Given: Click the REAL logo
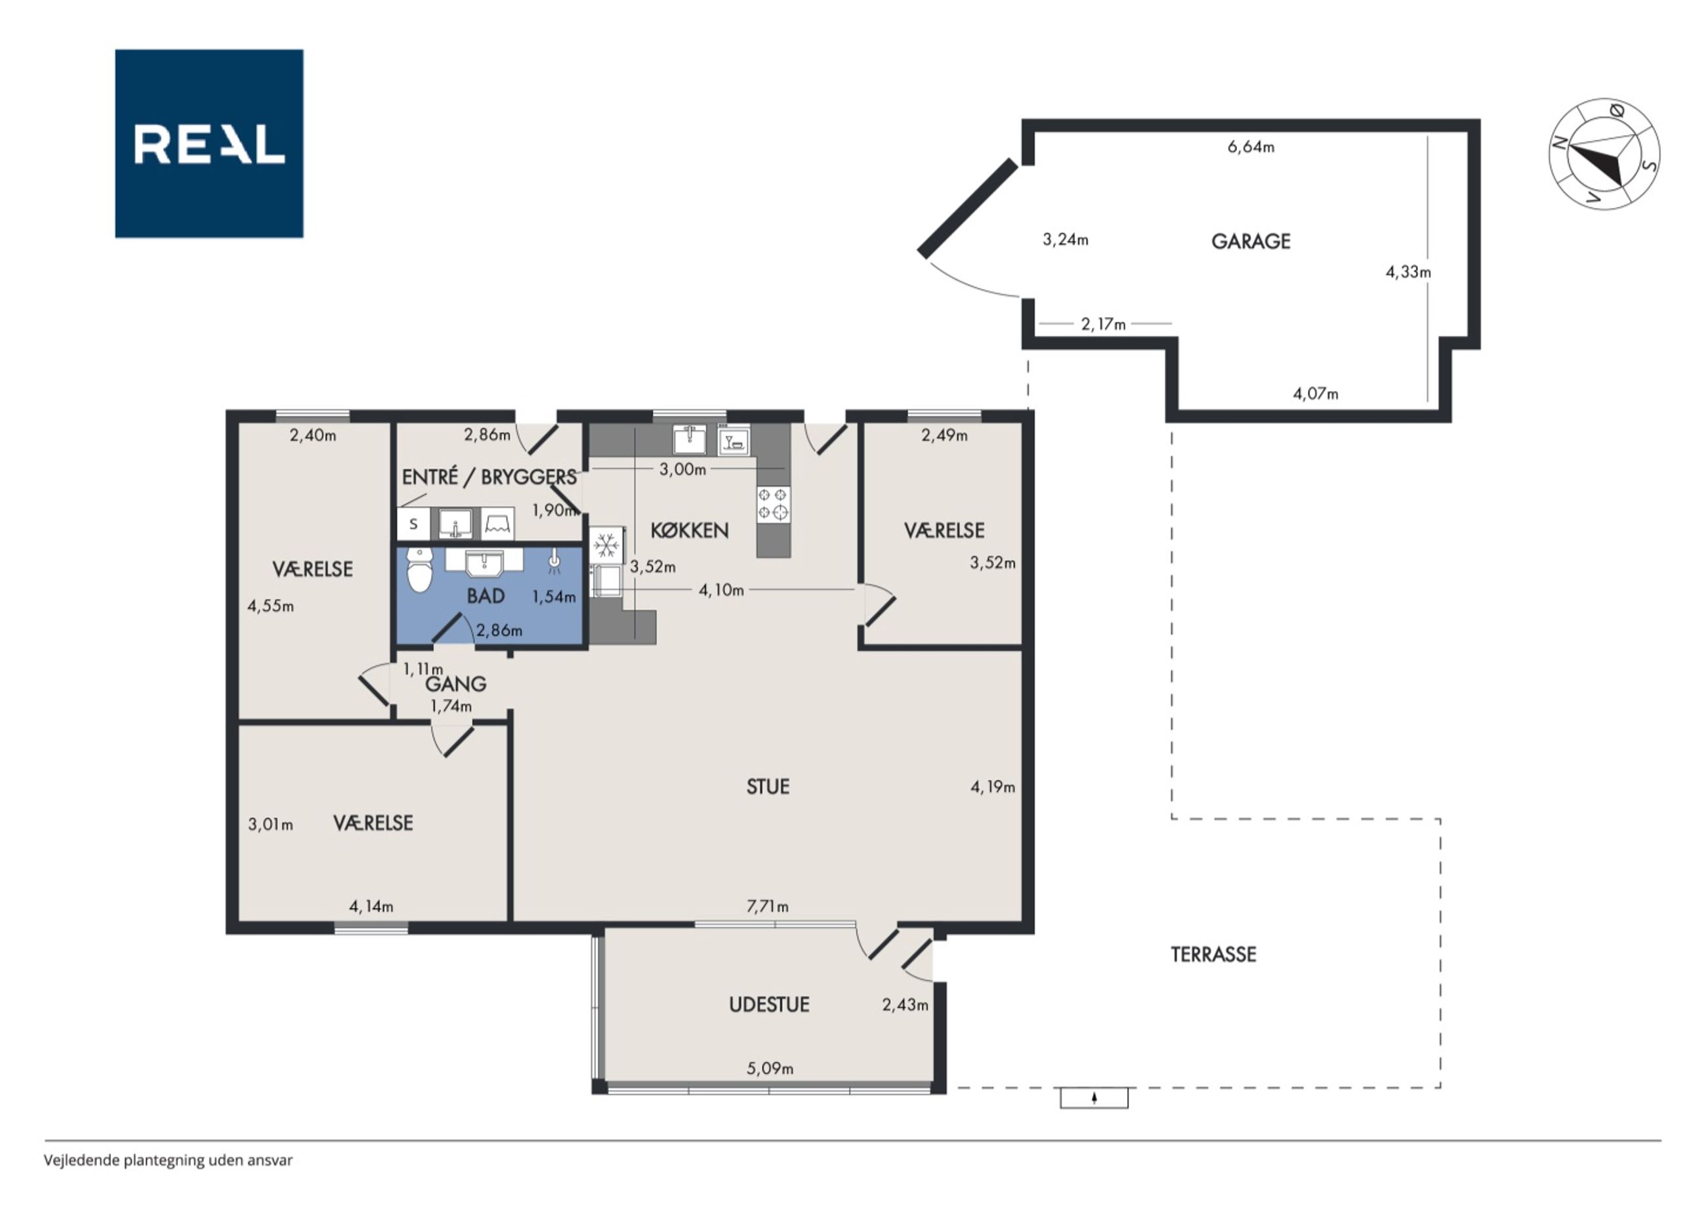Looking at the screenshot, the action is pos(209,144).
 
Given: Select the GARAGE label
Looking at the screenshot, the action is pos(1251,242).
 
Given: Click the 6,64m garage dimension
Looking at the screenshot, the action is pos(1251,148).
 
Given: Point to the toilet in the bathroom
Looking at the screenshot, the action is pos(419,570).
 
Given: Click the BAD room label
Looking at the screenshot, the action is pos(485,596).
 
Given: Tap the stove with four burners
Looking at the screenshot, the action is pos(773,503).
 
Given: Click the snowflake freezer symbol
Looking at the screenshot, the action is pos(606,544).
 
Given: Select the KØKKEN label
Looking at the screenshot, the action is pos(689,530).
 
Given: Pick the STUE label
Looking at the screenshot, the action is pos(768,786).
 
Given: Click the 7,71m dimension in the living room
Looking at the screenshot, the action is pos(767,907).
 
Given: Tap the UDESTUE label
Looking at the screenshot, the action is pos(769,1005).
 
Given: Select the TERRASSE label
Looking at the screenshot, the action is pos(1213,954).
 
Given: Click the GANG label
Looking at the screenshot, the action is pos(456,684).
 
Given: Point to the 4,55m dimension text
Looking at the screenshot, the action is pos(271,606).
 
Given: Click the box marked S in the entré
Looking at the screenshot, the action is pos(413,524).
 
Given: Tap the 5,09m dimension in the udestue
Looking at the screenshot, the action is pos(770,1068).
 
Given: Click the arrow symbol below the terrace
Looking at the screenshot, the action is pos(1094,1098).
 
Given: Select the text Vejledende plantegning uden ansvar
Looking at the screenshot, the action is pos(168,1160).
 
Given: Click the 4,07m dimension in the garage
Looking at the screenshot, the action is pos(1316,394).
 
